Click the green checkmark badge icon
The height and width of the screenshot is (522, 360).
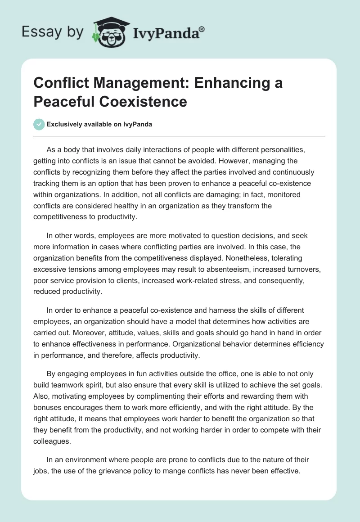click(39, 124)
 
